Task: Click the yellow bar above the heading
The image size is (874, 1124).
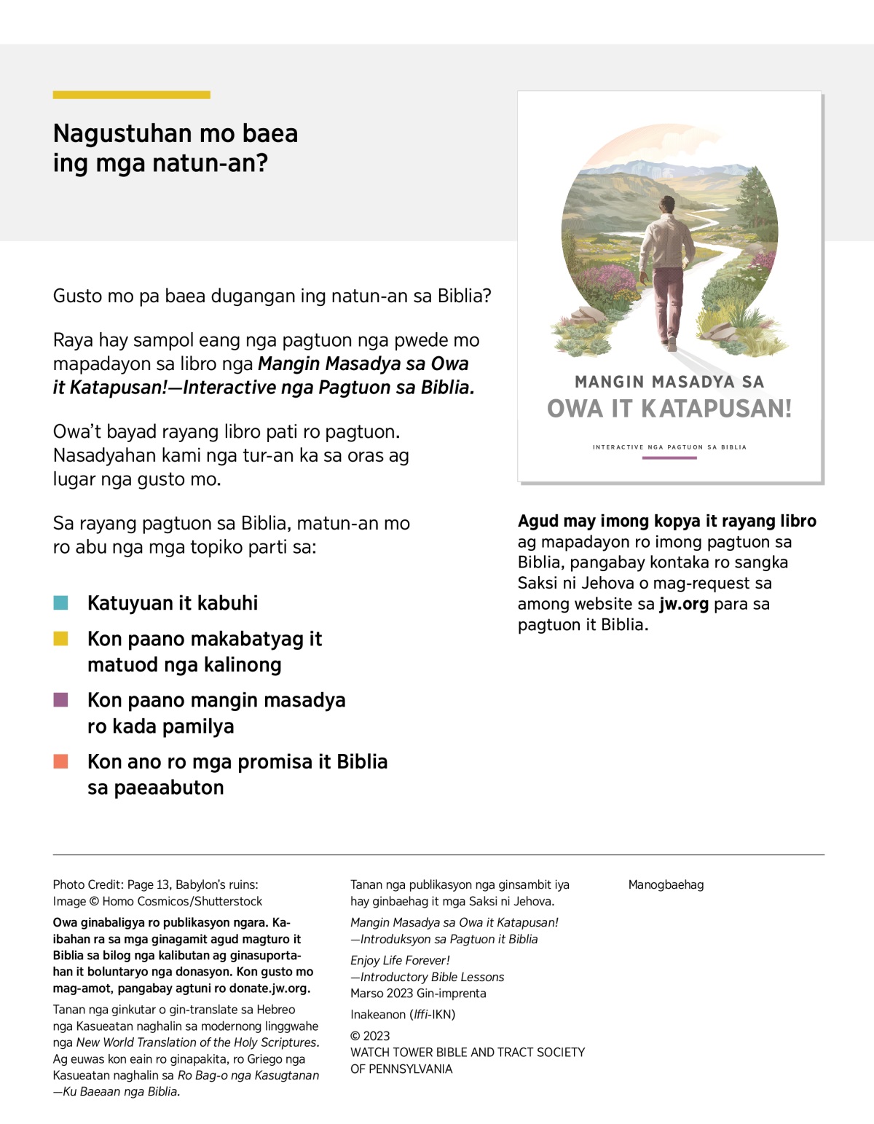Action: [x=131, y=95]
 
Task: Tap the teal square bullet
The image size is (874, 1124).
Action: [x=61, y=602]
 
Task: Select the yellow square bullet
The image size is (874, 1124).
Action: [x=61, y=639]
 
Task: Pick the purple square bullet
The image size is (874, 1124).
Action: [x=61, y=700]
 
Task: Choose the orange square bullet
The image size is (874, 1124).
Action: [x=61, y=761]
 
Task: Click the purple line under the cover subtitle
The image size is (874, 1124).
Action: [x=669, y=458]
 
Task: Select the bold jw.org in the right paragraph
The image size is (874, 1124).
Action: [x=684, y=604]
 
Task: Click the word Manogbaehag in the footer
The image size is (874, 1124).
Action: [x=666, y=885]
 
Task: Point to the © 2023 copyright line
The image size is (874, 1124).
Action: [x=370, y=1036]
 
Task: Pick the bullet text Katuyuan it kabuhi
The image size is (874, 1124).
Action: [x=173, y=603]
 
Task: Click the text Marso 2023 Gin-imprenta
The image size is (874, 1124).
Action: [x=418, y=993]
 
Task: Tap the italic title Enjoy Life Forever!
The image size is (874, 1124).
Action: [x=400, y=960]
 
